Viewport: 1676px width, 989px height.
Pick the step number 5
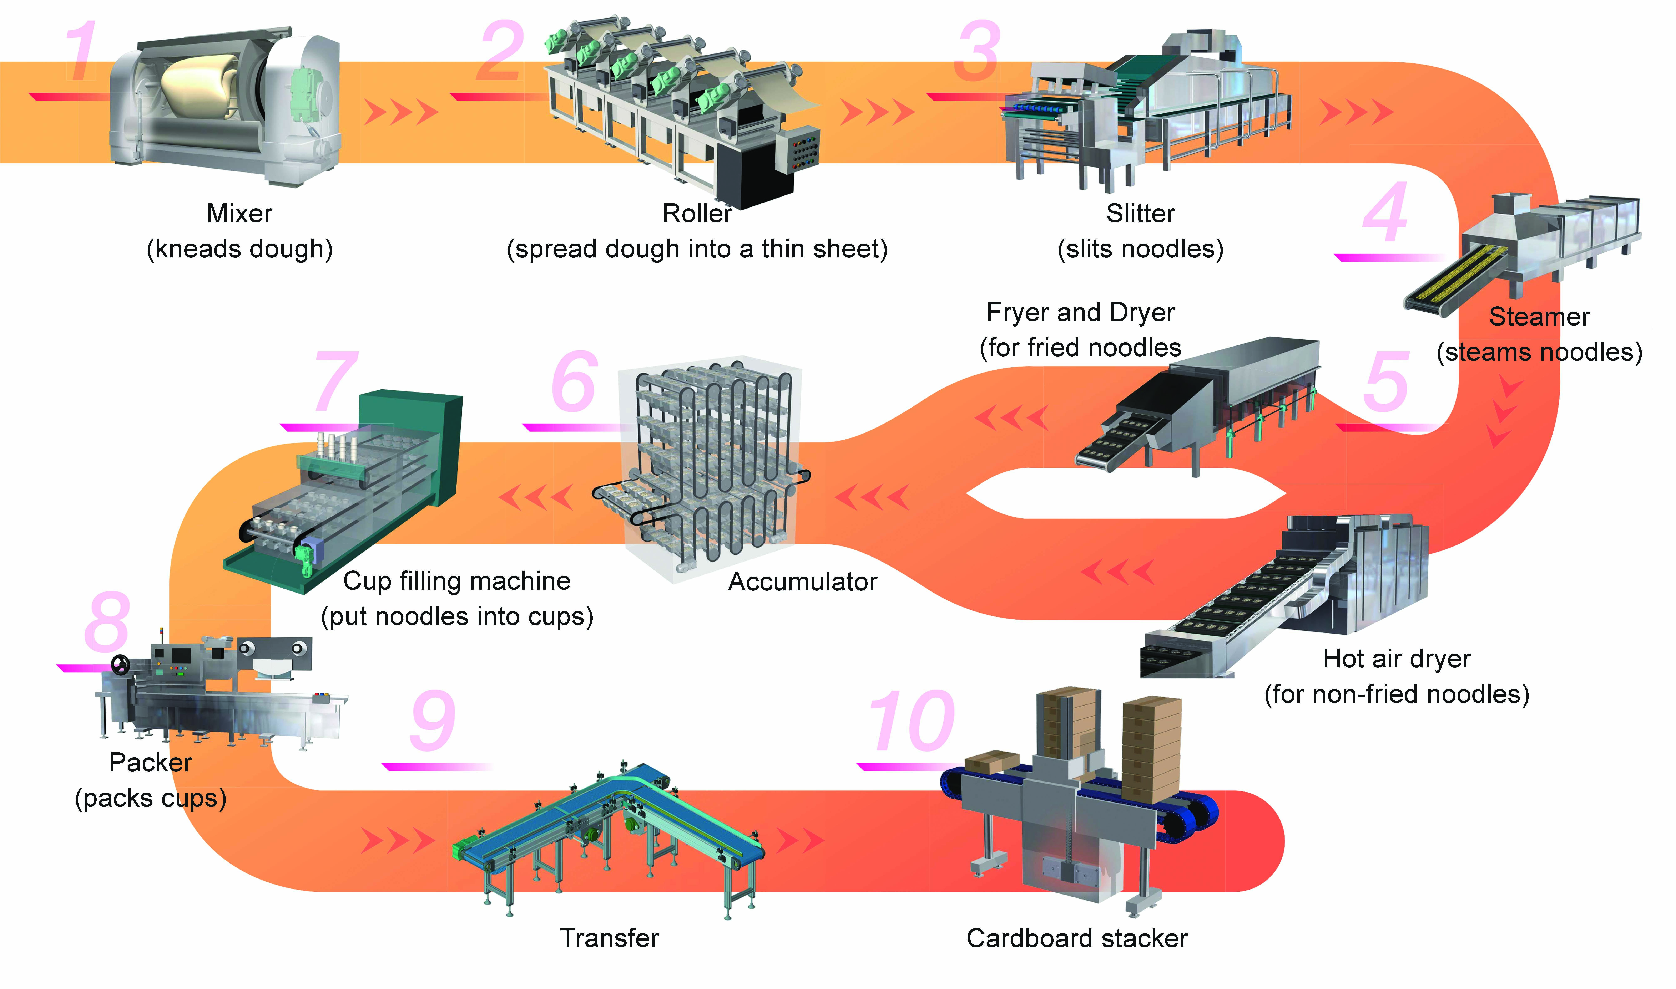tap(1386, 382)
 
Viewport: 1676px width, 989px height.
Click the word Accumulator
tap(802, 582)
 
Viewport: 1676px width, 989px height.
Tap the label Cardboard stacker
tap(1077, 938)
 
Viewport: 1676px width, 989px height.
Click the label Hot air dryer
tap(1396, 659)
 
